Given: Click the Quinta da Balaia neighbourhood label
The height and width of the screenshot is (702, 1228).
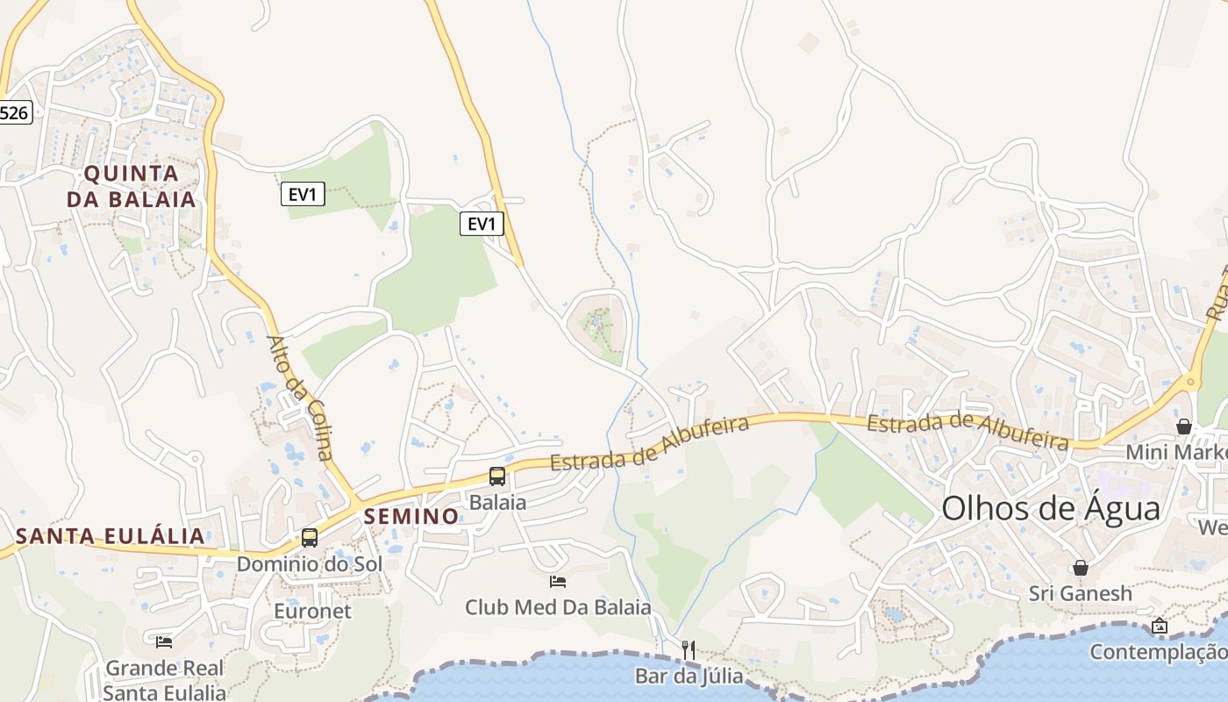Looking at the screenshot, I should coord(132,185).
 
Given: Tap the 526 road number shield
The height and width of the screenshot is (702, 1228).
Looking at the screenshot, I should coord(15,112).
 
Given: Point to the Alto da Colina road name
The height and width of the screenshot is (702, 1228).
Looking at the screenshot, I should coord(301,398).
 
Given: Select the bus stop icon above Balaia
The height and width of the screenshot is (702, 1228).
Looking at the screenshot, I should coord(497,476).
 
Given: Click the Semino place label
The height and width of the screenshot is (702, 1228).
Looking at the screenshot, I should coord(411,516).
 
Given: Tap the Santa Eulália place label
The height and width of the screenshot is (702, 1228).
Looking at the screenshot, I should coord(111,536).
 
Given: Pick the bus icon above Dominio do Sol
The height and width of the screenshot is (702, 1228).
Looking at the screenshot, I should coord(310,538).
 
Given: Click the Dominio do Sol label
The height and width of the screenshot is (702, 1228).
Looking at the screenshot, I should coord(310,563).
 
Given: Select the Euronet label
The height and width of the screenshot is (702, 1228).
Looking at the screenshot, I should coord(312,611).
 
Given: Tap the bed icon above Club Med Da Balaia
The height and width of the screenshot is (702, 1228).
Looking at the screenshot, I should coord(557,581).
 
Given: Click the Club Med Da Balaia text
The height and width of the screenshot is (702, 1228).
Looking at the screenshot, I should coord(558,607).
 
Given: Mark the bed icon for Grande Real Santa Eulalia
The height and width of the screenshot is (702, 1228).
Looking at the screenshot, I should coord(164,641).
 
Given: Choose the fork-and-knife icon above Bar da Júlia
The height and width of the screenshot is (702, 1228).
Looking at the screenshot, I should coord(689,650).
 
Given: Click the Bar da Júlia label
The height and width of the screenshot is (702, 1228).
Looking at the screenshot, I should coord(689,677).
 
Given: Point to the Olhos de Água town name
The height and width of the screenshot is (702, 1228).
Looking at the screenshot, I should coord(1051,509).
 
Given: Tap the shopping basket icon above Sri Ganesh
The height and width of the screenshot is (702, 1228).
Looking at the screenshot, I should coord(1081,568).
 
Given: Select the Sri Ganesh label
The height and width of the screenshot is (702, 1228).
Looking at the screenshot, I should coord(1081,594).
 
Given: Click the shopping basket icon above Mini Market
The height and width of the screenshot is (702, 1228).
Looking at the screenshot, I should coord(1184,426).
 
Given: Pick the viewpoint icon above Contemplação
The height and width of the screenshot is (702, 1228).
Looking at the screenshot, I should coord(1160,626).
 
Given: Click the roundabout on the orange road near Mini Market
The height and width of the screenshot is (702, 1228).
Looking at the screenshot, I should coord(1190,382).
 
